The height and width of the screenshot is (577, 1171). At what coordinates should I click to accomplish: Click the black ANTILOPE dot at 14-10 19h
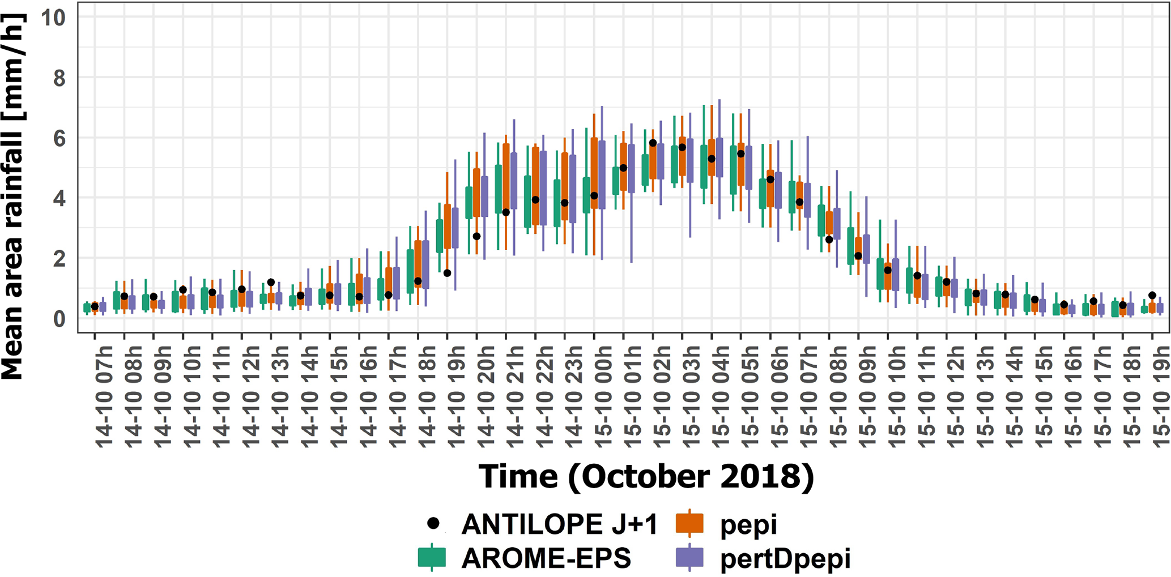tap(448, 273)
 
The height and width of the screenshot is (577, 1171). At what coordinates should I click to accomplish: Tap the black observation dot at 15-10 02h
tap(653, 143)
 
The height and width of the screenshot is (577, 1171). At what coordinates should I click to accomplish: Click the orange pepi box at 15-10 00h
tap(594, 173)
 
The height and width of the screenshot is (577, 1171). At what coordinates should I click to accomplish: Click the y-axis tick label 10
tap(53, 18)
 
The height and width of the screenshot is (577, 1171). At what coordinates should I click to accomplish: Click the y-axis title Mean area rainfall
tap(12, 195)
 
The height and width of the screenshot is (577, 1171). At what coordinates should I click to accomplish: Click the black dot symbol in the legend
tap(433, 524)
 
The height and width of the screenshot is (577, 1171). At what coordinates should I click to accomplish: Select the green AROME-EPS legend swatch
tap(432, 558)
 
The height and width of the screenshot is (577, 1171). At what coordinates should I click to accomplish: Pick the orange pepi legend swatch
tap(689, 524)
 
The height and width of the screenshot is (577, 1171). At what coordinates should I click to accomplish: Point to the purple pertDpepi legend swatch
tap(689, 558)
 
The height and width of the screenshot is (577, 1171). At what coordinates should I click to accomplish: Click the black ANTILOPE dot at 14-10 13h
tap(271, 282)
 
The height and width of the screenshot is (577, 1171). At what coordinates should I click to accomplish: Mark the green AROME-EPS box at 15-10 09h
tap(851, 246)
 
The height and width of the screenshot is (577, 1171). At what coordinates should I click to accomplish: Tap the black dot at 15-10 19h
tap(1152, 296)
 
